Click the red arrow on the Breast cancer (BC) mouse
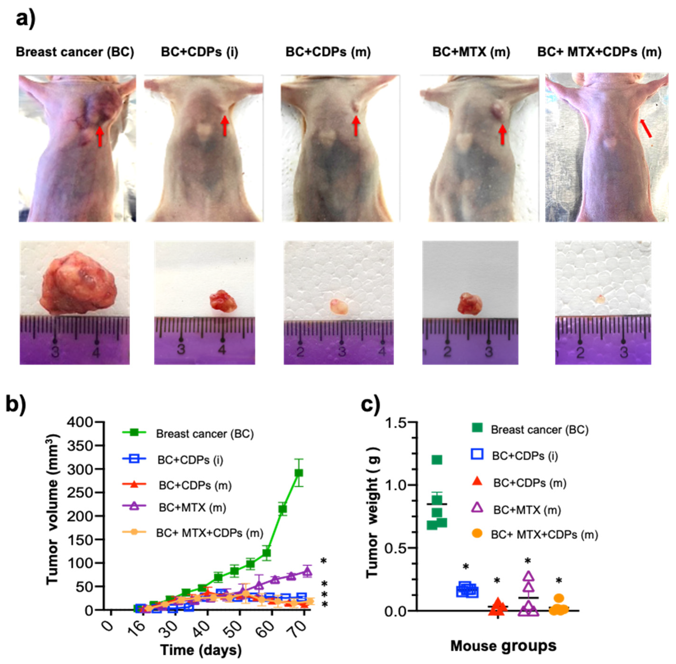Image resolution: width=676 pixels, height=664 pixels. click(100, 136)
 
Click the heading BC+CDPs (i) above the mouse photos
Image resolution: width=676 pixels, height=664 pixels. click(200, 52)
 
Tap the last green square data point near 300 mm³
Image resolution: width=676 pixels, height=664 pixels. click(299, 473)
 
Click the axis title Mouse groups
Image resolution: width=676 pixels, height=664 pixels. click(503, 646)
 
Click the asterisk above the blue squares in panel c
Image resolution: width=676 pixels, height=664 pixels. click(465, 566)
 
